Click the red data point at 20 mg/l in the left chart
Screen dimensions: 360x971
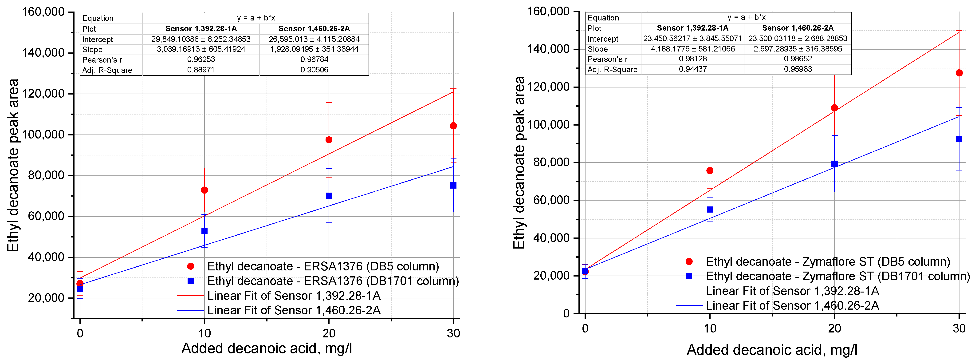(329, 140)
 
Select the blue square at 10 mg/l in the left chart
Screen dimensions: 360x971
(204, 231)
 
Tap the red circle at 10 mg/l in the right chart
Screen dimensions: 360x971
(710, 171)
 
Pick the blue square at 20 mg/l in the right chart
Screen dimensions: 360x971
(834, 164)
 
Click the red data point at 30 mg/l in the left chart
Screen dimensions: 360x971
(453, 126)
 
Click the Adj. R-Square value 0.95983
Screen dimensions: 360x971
(798, 69)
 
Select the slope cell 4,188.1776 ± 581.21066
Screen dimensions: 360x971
(692, 49)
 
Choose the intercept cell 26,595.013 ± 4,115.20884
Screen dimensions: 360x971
(314, 39)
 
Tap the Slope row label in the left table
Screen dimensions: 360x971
(92, 49)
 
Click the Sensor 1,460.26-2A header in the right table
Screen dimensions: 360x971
(798, 28)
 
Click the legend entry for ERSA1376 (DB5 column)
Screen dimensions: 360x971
(323, 266)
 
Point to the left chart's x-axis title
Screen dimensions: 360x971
(267, 348)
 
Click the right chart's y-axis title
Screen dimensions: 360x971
(519, 163)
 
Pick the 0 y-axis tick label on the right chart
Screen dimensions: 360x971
(566, 313)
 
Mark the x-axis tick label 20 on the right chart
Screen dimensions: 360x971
(834, 328)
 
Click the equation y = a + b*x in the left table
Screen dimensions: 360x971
(256, 18)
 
